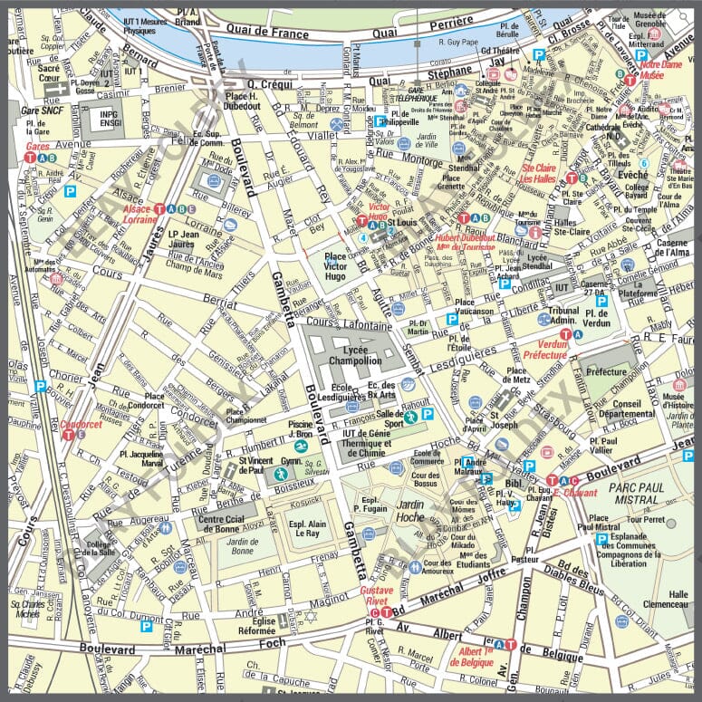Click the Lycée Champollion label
[349, 354]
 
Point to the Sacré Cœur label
[49, 73]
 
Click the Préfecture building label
[606, 372]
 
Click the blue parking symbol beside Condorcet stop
[40, 385]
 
